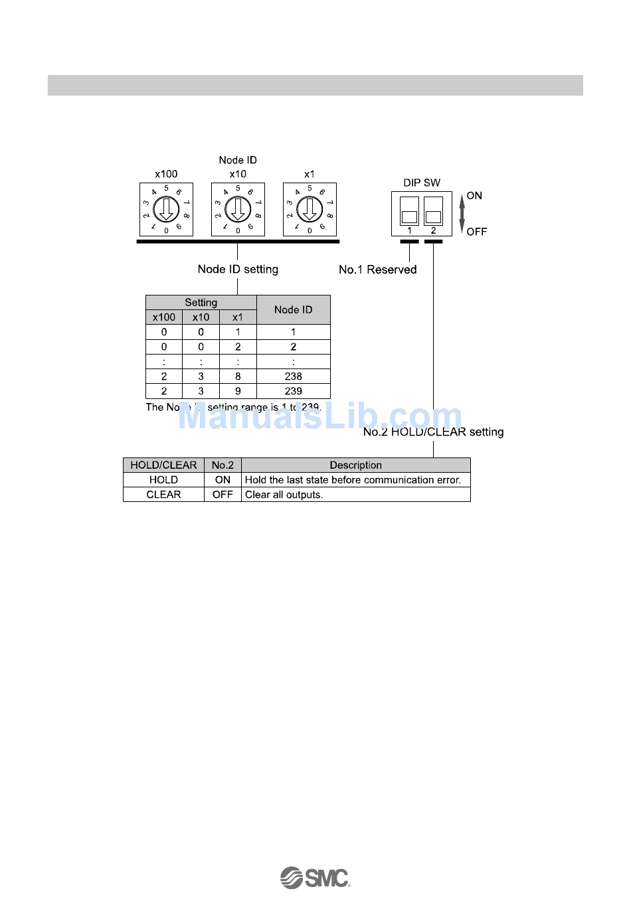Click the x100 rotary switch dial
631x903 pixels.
166,210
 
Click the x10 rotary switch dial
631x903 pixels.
238,210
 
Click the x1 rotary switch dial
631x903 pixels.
310,210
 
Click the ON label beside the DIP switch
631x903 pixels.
474,196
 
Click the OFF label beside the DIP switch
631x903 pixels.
476,232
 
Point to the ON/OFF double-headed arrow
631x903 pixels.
462,213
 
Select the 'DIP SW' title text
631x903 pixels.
422,183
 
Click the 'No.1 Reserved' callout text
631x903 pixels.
377,270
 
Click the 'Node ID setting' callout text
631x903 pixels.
238,269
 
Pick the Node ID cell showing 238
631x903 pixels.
293,376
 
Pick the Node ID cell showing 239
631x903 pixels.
293,391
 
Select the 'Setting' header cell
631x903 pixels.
201,303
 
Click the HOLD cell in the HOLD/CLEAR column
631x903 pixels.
163,480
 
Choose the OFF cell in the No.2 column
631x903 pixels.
223,495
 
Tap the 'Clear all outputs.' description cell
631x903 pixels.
355,495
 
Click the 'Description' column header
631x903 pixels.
355,465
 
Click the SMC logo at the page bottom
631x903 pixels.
315,878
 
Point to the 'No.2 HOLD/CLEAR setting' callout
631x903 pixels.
433,432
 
